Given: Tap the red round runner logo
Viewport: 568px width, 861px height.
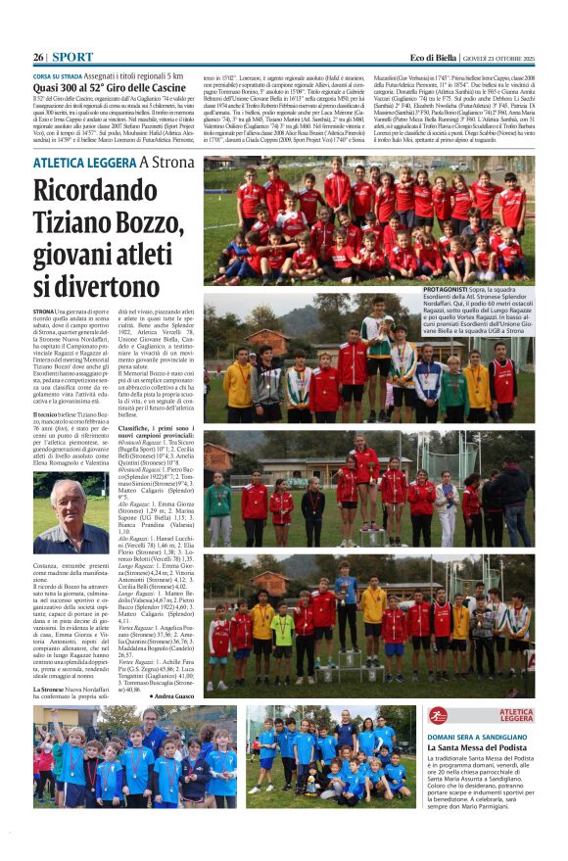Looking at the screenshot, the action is point(438,715).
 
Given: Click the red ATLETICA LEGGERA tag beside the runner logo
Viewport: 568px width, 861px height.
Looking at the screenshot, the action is point(516,715).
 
